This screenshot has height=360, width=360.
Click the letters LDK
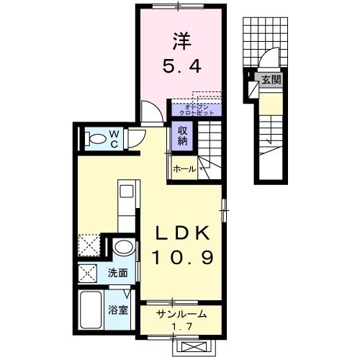point(183,234)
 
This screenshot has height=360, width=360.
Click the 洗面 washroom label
point(118,273)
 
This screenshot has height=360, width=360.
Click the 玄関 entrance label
point(271,79)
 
